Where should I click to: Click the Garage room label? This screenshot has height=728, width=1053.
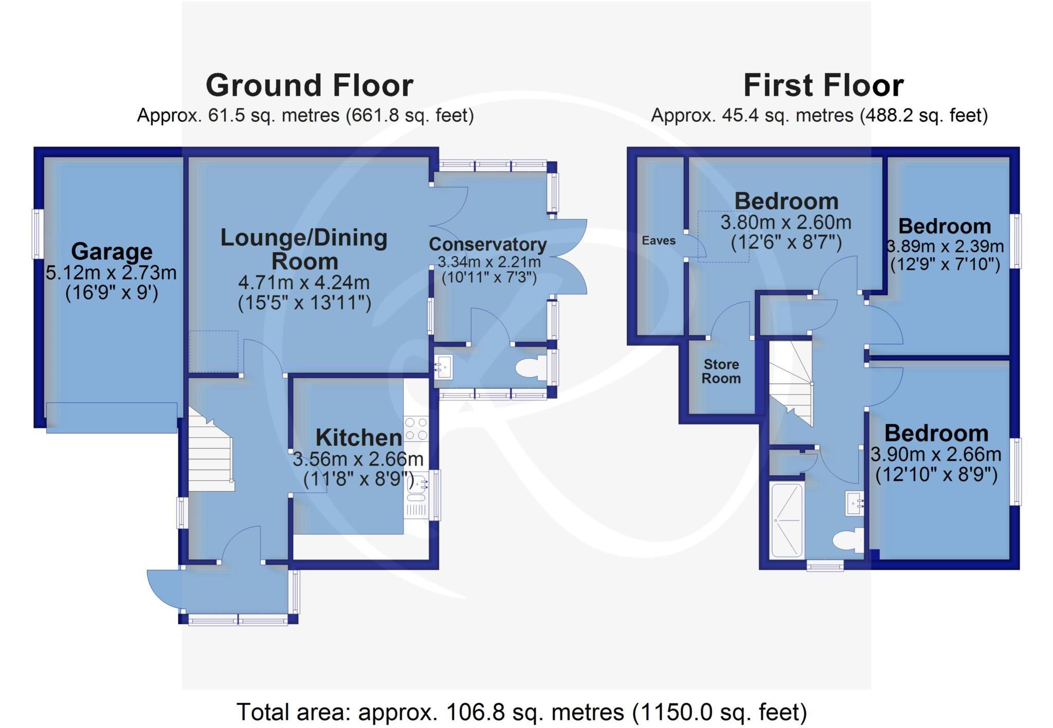[112, 251]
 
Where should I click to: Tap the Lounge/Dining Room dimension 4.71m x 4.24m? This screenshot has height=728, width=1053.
[304, 283]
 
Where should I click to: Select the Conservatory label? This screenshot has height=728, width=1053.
[487, 244]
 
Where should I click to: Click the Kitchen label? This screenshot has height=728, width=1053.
[358, 438]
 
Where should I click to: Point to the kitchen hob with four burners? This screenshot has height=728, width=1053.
[416, 428]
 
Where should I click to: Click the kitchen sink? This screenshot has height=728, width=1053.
[417, 488]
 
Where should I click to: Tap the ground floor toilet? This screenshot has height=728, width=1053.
[530, 368]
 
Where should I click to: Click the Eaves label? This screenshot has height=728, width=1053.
[658, 240]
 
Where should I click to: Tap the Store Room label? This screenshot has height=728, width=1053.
[721, 371]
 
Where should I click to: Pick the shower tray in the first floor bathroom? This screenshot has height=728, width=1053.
[787, 520]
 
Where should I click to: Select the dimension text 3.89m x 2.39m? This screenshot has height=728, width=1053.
[945, 246]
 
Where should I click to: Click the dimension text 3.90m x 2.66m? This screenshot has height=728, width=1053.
[936, 454]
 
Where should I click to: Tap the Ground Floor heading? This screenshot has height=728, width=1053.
[310, 85]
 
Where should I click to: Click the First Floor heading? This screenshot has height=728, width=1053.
[823, 85]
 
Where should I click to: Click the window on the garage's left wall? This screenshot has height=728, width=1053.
[38, 233]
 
